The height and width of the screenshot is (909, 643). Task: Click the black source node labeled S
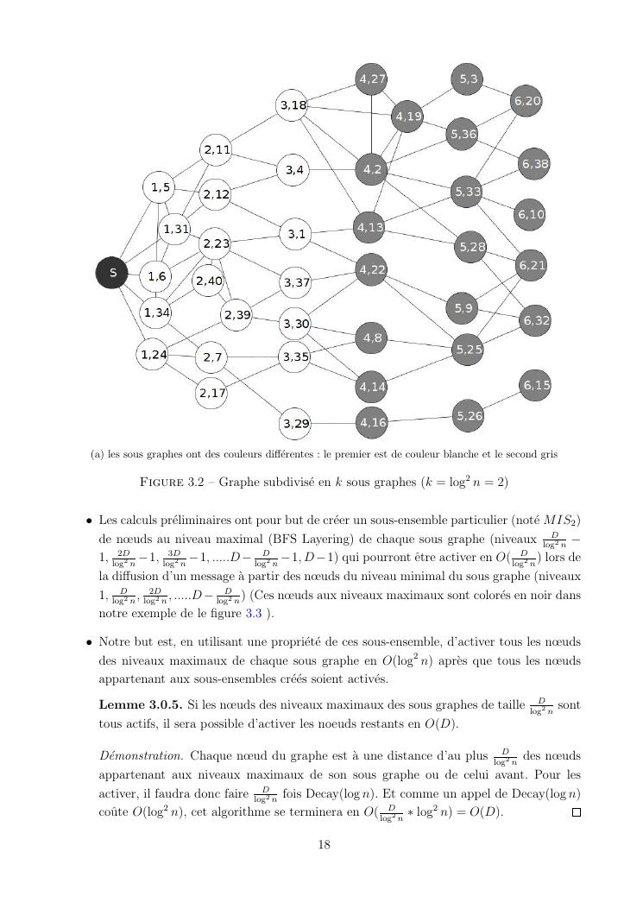[x=112, y=273]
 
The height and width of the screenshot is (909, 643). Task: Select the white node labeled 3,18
[x=293, y=105]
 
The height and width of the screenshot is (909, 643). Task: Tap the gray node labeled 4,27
[x=372, y=79]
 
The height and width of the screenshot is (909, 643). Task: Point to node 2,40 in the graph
[x=208, y=281]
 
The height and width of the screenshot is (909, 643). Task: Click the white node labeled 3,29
[x=295, y=424]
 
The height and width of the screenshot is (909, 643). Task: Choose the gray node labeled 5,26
[x=469, y=416]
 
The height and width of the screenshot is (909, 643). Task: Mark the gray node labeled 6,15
[x=535, y=384]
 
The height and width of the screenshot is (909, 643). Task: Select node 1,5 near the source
[x=160, y=186]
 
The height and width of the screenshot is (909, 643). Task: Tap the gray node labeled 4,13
[x=372, y=227]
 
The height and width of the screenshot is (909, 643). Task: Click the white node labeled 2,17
[x=211, y=394]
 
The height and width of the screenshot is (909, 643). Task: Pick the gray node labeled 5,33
[x=467, y=192]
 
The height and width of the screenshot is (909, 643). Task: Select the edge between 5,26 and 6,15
[x=502, y=401]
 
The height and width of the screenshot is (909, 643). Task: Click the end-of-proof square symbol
[x=577, y=812]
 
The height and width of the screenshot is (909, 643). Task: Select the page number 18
[x=324, y=845]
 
